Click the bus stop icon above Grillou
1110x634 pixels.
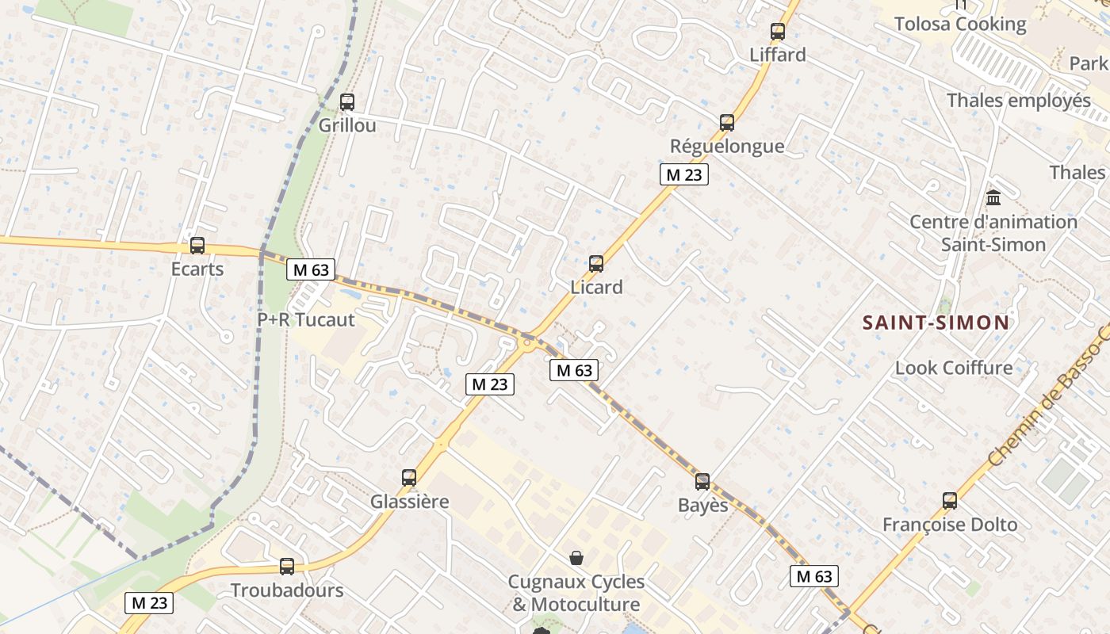click(x=347, y=102)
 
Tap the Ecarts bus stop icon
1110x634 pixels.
click(x=197, y=246)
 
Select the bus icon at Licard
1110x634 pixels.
click(x=596, y=264)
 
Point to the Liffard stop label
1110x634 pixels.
click(x=778, y=55)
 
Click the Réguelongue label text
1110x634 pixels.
click(x=727, y=146)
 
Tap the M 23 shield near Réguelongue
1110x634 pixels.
click(x=683, y=174)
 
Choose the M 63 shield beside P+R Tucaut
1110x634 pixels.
click(x=311, y=269)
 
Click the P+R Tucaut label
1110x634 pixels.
click(x=306, y=319)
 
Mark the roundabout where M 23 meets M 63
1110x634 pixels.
click(x=526, y=343)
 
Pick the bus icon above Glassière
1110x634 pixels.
click(x=409, y=478)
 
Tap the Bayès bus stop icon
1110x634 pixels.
click(x=702, y=482)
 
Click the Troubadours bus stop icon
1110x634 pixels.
click(x=287, y=567)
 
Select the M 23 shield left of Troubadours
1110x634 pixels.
click(x=149, y=603)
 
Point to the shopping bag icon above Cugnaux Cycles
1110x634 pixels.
click(x=576, y=558)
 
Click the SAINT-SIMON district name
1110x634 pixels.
click(x=936, y=323)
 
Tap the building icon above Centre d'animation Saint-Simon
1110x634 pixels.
click(x=993, y=197)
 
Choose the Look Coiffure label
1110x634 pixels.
click(x=954, y=368)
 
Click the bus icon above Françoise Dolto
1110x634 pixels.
click(x=950, y=501)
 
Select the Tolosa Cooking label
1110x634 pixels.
click(x=960, y=24)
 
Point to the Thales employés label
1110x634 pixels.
click(x=1019, y=101)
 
